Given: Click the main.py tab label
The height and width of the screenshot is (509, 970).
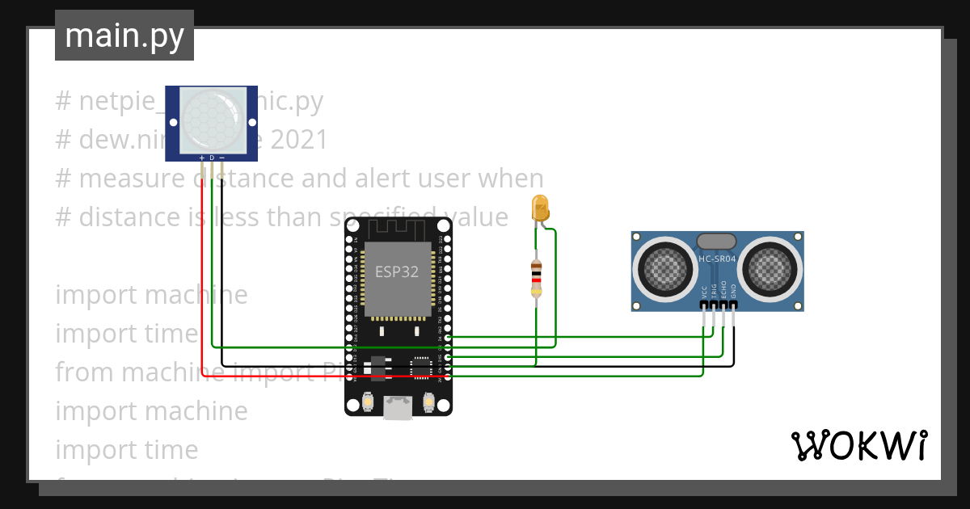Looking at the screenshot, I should coord(124,36).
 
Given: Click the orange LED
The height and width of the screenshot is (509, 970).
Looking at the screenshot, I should coord(539,208).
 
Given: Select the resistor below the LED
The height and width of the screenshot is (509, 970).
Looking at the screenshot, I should coord(535,278).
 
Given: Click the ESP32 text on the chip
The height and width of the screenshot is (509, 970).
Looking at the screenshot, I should coord(397,271).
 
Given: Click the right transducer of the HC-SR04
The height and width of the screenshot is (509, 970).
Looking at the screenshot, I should coord(772,266).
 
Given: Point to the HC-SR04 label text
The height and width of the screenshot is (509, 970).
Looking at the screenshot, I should coord(717,259).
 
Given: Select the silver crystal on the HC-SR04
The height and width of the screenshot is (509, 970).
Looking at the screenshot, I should coord(716,241).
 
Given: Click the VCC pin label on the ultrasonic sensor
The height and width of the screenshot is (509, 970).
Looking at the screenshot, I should coord(704,292).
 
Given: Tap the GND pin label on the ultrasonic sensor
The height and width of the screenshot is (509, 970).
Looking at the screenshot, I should coord(734,292).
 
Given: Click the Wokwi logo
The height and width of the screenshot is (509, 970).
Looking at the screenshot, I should coord(858,446).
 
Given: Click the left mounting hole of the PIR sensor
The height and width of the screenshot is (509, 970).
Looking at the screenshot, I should coord(171,121).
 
